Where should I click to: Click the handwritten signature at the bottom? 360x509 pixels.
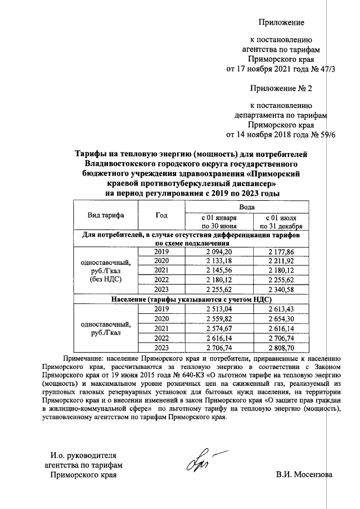(x=199, y=461)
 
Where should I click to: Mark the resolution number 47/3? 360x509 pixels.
(x=325, y=69)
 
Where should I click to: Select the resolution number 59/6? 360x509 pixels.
(x=325, y=136)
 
